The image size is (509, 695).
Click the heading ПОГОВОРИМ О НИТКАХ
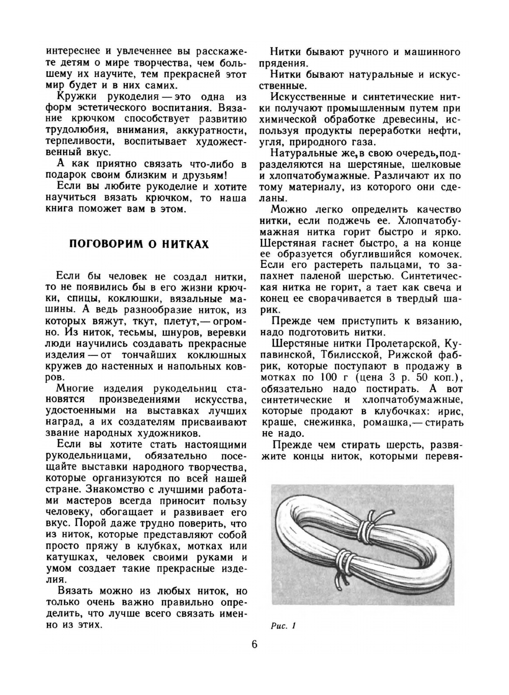138,244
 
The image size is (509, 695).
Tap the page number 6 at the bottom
254,645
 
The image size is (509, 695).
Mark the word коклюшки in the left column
144,299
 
